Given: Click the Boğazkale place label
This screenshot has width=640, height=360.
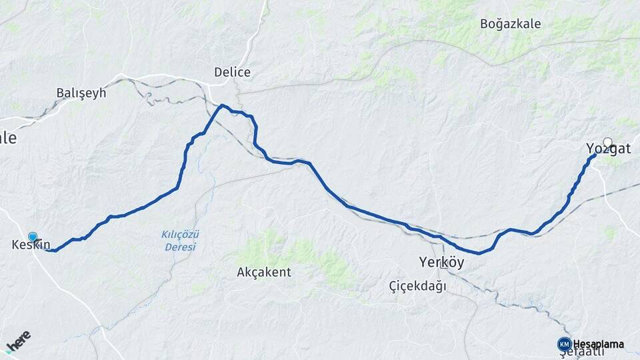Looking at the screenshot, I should click(510, 24).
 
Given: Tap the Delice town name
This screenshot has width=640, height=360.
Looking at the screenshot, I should click(232, 72).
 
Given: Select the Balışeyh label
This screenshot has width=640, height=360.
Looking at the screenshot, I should click(81, 93).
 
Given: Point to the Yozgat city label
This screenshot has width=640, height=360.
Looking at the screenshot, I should click(607, 149).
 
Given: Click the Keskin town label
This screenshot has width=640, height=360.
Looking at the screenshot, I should click(31, 245).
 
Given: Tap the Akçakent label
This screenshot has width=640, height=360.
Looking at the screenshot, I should click(263, 272).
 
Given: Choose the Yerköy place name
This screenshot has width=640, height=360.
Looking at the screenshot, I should click(441, 262).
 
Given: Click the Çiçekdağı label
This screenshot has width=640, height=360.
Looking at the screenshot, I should click(418, 286).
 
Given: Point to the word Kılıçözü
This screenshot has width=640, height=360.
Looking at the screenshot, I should click(181, 234).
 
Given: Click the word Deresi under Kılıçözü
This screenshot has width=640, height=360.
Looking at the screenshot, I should click(181, 247).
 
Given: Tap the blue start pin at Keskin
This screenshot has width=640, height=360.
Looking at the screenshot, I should click(33, 237).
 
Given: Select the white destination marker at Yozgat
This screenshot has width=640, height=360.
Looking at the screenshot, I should click(607, 141).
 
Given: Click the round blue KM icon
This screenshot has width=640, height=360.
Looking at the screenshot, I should click(564, 344).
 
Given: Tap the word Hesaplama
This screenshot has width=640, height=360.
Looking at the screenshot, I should click(598, 344).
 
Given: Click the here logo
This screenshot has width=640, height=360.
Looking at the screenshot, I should click(18, 343).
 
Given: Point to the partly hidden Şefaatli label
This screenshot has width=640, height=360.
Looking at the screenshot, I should click(586, 353).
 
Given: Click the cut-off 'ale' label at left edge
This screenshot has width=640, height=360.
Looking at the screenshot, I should click(7, 138).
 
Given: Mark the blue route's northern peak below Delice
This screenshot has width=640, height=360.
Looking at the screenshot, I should click(223, 105).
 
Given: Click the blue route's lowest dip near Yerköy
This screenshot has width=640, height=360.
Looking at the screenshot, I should click(478, 253).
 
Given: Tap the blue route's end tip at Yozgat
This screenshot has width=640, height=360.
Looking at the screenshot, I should click(595, 154).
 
